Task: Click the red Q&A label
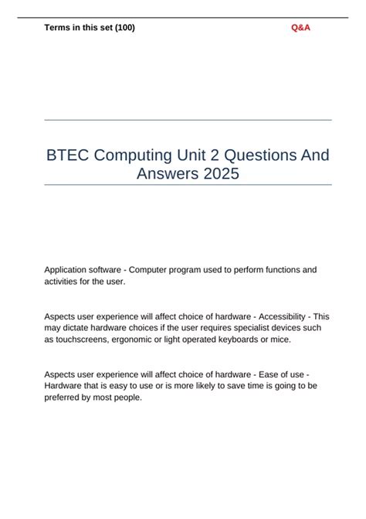point(301,28)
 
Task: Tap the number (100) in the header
point(124,28)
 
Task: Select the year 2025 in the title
point(222,174)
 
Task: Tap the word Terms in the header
point(58,28)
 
